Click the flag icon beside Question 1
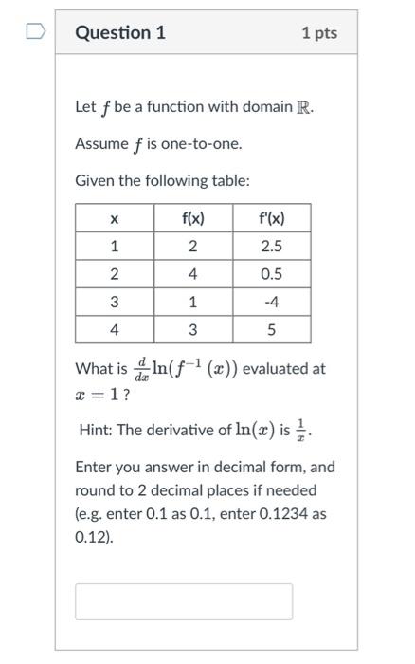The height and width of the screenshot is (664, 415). pyautogui.click(x=35, y=33)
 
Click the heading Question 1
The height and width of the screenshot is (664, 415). pyautogui.click(x=120, y=33)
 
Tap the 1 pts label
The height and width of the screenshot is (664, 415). pyautogui.click(x=319, y=33)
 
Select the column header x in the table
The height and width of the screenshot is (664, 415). pyautogui.click(x=114, y=219)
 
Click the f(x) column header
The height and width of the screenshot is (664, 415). pyautogui.click(x=192, y=219)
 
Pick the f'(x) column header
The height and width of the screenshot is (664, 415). pyautogui.click(x=271, y=219)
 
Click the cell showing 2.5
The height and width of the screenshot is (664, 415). pyautogui.click(x=271, y=247)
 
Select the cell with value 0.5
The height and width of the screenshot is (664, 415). pyautogui.click(x=271, y=275)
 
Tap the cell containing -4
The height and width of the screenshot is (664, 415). pyautogui.click(x=271, y=303)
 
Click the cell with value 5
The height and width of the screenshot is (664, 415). pyautogui.click(x=271, y=330)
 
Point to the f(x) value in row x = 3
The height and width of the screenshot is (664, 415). pyautogui.click(x=192, y=303)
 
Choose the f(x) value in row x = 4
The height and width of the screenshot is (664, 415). pyautogui.click(x=192, y=330)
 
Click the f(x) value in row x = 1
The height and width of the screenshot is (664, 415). pyautogui.click(x=192, y=247)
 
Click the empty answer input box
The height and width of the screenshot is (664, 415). pyautogui.click(x=184, y=601)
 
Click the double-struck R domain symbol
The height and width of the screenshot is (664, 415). pyautogui.click(x=303, y=106)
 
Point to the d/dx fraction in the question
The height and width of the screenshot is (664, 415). pyautogui.click(x=141, y=368)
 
